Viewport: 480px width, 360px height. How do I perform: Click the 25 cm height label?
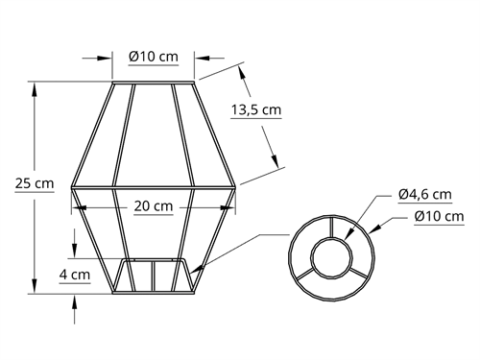35,183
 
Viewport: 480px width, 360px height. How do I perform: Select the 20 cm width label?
154,205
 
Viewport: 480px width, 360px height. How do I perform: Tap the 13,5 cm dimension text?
256,109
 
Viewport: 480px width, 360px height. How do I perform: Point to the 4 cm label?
75,275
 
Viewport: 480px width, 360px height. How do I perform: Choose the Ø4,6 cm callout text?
425,194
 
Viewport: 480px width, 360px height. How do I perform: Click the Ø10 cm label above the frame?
154,57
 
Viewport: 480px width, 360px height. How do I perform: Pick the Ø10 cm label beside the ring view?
439,216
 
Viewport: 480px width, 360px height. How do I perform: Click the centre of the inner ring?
332,257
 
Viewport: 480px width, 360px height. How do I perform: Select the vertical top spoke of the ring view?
332,227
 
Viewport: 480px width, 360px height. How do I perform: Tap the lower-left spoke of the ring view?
305,274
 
